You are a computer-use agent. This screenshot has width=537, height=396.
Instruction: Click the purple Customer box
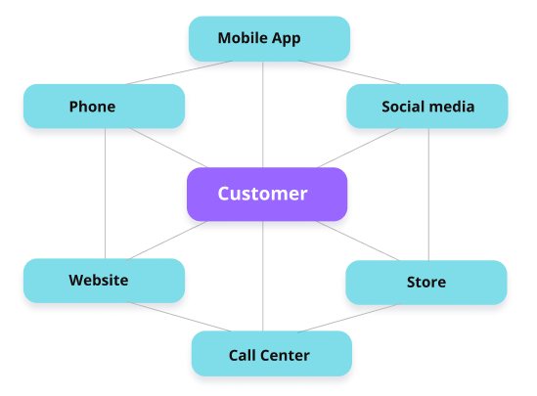click(267, 194)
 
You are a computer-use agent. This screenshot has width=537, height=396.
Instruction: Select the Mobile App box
click(269, 39)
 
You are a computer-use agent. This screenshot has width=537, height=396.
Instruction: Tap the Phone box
click(104, 107)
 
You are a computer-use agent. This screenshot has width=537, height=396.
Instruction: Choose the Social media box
click(427, 107)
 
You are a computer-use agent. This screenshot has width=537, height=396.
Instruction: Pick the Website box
click(104, 281)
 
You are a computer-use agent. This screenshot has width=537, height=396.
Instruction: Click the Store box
click(426, 283)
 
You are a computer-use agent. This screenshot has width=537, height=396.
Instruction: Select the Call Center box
click(272, 354)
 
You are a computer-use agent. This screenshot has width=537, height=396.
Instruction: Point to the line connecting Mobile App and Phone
click(179, 72)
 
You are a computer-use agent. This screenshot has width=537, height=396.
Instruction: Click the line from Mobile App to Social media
click(349, 72)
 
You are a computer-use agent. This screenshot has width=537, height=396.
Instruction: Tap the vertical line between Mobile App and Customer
click(263, 114)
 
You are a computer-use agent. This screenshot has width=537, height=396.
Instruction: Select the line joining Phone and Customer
click(168, 148)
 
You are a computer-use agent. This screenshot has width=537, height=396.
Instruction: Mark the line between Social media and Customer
click(359, 148)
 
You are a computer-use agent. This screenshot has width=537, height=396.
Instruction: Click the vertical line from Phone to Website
click(105, 194)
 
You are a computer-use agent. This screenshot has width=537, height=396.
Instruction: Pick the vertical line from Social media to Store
click(428, 195)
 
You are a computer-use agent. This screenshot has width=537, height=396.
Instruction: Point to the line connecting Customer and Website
click(167, 241)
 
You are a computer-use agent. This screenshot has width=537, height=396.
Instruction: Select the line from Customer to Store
click(358, 241)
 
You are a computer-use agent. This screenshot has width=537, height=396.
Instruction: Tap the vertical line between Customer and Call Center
click(263, 276)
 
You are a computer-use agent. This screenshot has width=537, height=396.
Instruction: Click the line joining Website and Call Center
click(179, 317)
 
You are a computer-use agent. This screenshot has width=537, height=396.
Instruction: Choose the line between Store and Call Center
click(349, 318)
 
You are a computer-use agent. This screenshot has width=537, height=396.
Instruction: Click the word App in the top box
click(286, 39)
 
